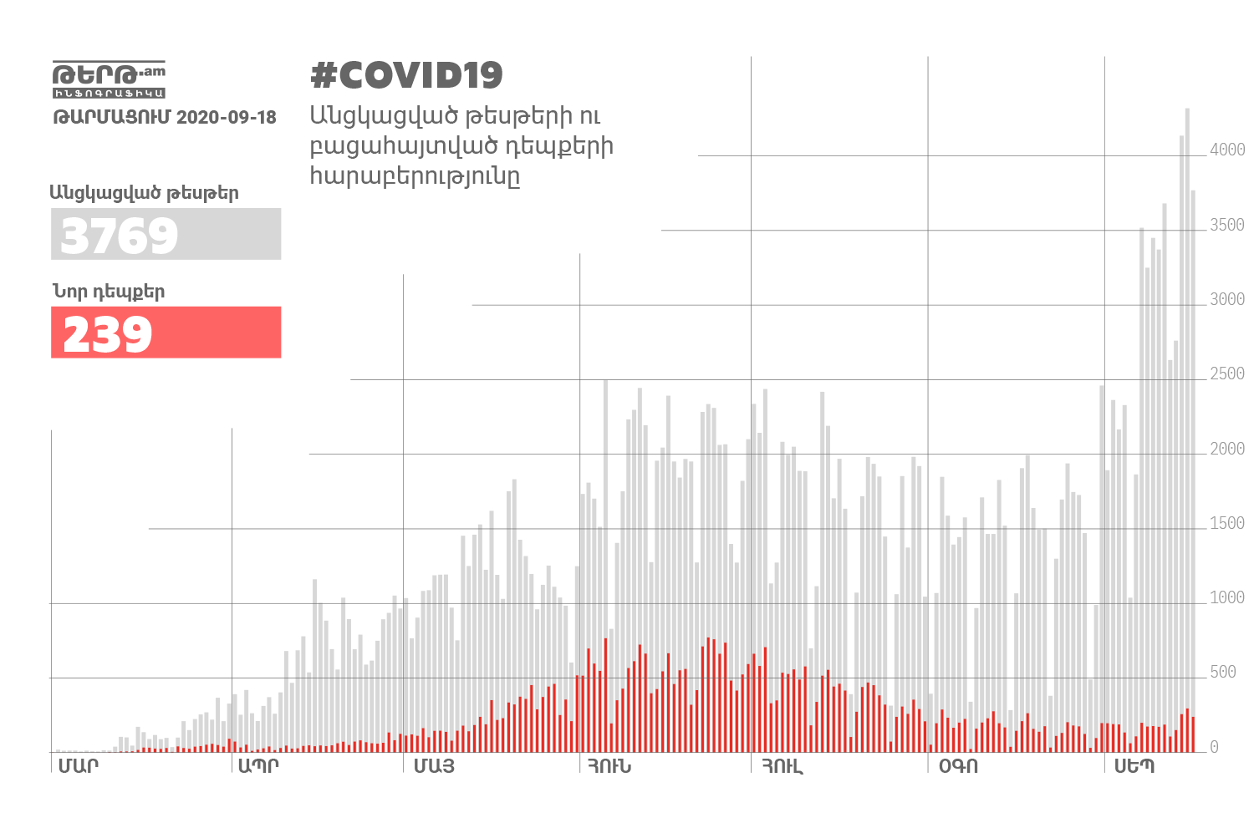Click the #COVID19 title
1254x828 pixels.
click(406, 75)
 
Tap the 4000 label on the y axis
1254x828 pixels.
click(1227, 150)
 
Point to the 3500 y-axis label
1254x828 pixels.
click(1227, 225)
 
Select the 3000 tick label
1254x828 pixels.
click(1227, 299)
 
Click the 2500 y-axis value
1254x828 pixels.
click(1227, 373)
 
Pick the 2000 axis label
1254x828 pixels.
click(1227, 449)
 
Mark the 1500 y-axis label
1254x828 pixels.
click(1227, 523)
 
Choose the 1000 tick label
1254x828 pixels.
click(1227, 597)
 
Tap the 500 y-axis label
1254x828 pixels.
click(1223, 672)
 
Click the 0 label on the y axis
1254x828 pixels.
click(1215, 747)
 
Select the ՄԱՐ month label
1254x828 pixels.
click(78, 766)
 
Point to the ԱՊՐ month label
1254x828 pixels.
click(258, 766)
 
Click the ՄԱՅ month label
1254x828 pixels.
click(434, 766)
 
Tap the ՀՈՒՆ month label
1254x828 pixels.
click(609, 766)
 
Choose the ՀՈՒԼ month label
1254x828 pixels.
click(782, 766)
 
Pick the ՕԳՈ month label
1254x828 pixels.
click(958, 766)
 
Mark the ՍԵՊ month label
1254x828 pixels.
click(1134, 766)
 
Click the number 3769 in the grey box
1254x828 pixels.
click(120, 236)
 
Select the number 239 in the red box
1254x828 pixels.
click(108, 334)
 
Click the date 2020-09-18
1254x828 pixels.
click(227, 117)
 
